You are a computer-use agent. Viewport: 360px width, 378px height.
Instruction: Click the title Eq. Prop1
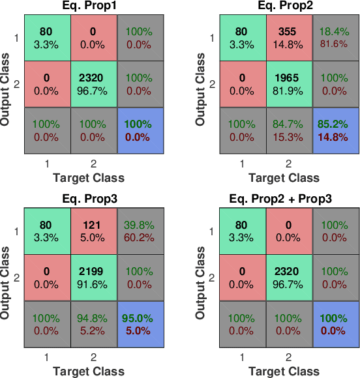(x=94, y=7)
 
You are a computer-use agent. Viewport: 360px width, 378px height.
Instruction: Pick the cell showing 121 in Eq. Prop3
(x=94, y=229)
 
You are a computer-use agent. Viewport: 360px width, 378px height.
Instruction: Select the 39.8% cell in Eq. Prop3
(x=140, y=229)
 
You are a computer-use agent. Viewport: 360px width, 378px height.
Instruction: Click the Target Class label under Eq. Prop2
(x=289, y=177)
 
